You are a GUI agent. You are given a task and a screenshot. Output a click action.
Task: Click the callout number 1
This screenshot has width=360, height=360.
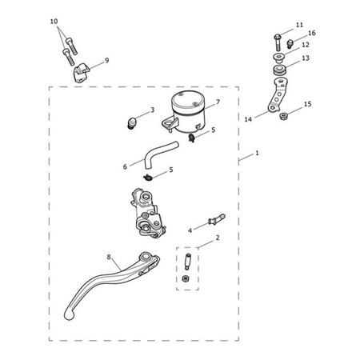click(x=258, y=153)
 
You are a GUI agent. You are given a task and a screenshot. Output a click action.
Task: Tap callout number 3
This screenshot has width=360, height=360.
click(x=152, y=110)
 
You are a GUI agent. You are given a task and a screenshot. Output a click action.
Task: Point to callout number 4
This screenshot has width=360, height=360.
click(x=190, y=230)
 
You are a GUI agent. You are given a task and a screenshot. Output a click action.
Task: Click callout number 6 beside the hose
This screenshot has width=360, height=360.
click(x=126, y=166)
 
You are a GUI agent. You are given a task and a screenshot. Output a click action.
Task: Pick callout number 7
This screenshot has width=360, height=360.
click(x=217, y=102)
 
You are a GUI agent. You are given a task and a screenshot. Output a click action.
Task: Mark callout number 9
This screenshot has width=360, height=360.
click(x=106, y=60)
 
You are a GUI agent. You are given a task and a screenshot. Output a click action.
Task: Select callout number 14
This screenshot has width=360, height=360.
click(x=248, y=118)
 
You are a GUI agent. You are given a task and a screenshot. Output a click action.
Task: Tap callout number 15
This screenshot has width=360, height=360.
click(x=308, y=104)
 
